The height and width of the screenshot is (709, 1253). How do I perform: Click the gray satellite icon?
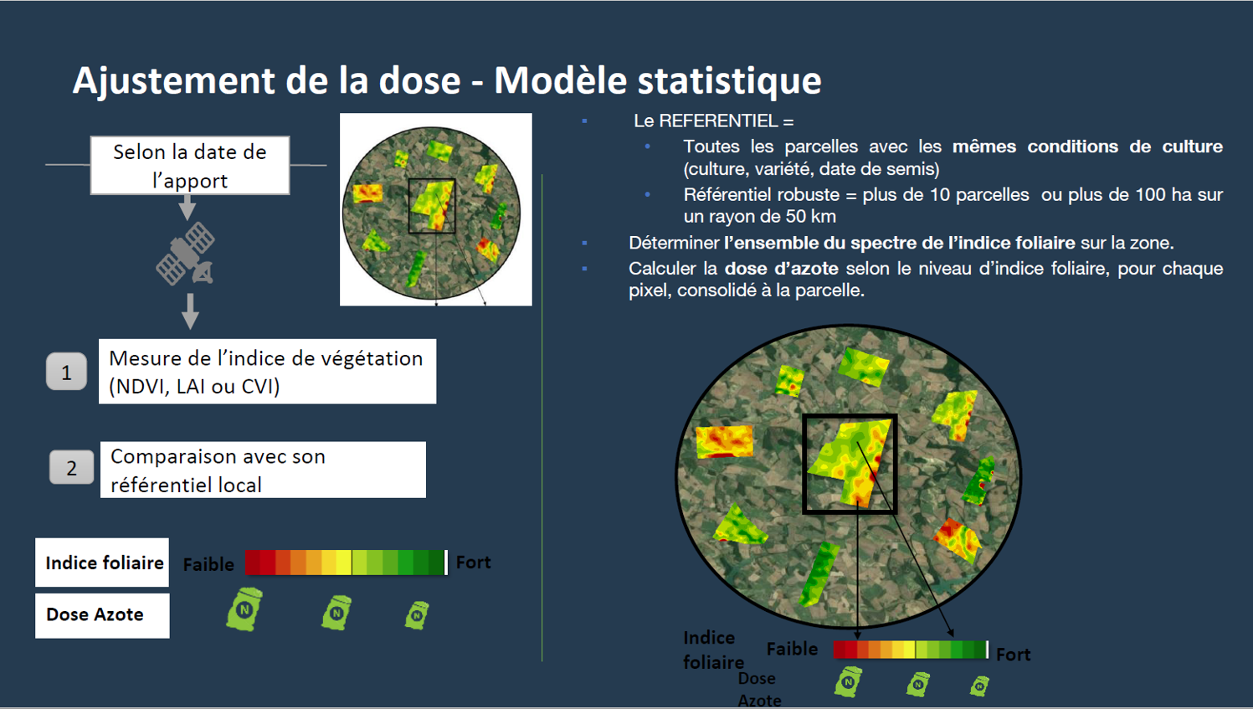(186, 254)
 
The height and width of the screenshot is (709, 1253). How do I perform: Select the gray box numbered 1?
(67, 371)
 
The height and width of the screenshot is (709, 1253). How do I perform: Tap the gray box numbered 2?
(72, 467)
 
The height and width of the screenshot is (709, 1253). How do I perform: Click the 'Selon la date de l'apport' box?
(190, 166)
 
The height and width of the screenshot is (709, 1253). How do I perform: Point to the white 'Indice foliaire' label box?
(102, 563)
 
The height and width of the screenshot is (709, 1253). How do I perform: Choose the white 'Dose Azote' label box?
(102, 615)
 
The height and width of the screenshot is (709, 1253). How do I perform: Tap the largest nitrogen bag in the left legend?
(244, 609)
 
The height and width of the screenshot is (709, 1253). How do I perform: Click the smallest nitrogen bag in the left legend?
(417, 615)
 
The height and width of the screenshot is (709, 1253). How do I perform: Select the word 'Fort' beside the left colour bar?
(473, 562)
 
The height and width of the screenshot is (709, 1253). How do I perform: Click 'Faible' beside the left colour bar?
(208, 564)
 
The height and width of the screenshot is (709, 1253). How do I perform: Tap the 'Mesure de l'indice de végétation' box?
(267, 372)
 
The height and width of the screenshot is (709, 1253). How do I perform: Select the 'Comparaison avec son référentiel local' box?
(263, 470)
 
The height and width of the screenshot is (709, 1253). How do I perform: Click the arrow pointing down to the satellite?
(187, 207)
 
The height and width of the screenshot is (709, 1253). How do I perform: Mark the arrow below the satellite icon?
(190, 311)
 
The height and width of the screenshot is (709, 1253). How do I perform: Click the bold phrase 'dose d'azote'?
(782, 269)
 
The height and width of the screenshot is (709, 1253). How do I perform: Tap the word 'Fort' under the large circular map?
(1013, 654)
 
